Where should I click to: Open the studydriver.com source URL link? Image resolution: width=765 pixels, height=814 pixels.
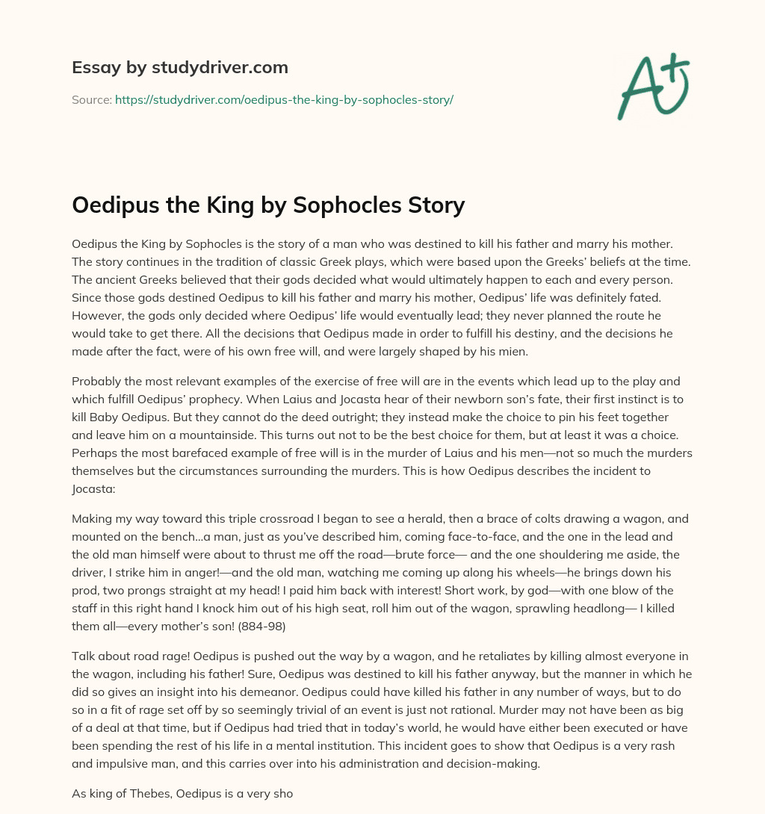tap(284, 99)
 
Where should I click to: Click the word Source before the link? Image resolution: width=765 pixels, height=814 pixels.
tap(90, 99)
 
